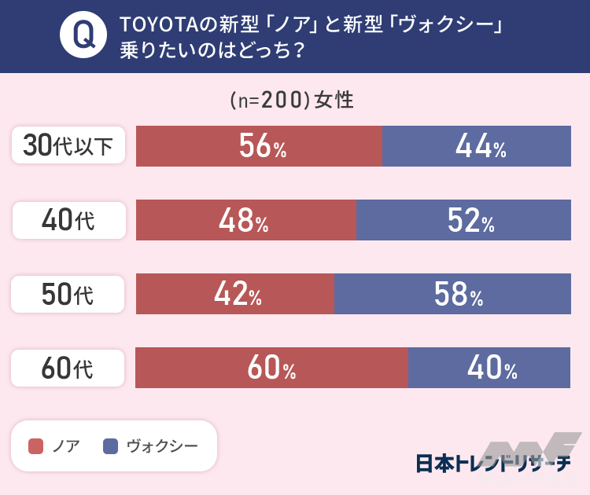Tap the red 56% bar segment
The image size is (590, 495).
(259, 146)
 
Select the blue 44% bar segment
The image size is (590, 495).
(476, 146)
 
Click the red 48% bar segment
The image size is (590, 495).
(246, 220)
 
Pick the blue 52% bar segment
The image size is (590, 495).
(463, 220)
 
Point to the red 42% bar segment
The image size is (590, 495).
(235, 294)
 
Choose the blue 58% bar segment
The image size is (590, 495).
(452, 294)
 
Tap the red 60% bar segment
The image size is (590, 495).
(271, 368)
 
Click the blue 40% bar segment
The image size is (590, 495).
(489, 368)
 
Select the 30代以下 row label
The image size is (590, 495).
(68, 146)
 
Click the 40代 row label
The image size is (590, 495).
(68, 221)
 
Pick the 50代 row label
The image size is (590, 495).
(68, 295)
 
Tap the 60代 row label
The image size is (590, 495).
(68, 368)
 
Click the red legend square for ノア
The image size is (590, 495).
(35, 446)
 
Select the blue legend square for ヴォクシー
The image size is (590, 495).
(111, 446)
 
